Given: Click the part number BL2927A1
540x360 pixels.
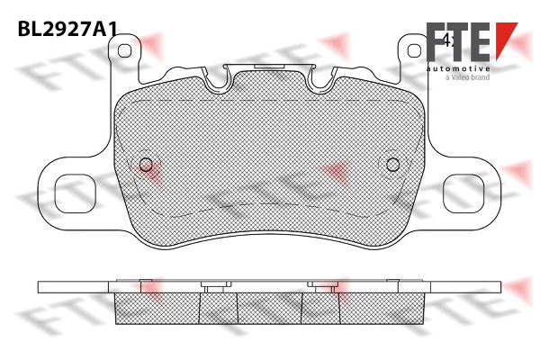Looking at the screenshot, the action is click(67, 29).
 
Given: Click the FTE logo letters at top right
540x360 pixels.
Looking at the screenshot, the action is click(458, 41).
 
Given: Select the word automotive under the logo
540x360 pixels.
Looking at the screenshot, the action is click(458, 69).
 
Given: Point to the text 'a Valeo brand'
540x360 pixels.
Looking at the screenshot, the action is click(468, 77).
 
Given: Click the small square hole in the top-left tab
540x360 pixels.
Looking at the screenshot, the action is click(124, 51).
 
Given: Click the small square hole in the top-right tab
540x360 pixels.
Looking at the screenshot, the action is click(414, 51).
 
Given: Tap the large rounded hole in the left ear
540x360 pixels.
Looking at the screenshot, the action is click(75, 193).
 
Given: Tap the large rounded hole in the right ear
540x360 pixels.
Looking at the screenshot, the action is click(463, 193).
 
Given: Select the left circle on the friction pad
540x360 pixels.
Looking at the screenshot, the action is click(146, 165).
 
